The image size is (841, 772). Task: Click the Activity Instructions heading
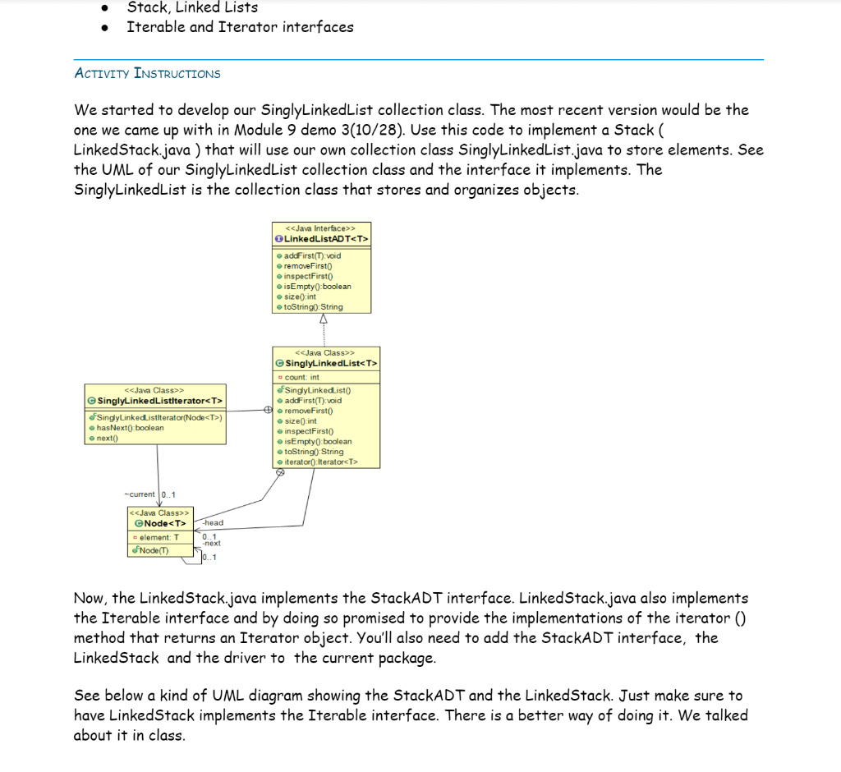pos(148,73)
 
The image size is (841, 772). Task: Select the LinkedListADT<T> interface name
pos(326,238)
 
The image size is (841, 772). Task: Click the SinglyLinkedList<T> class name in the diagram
pos(331,363)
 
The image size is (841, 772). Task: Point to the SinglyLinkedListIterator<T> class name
pos(159,400)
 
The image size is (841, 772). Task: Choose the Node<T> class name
pos(165,523)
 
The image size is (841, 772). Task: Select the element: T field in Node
pos(159,537)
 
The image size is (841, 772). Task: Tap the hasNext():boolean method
pos(130,428)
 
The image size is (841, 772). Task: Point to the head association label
pos(213,522)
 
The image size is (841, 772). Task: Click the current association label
pos(140,494)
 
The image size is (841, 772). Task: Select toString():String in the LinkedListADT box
pos(313,306)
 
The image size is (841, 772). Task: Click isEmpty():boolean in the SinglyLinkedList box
pos(317,441)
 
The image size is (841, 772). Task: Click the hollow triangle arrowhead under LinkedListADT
pos(324,319)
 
